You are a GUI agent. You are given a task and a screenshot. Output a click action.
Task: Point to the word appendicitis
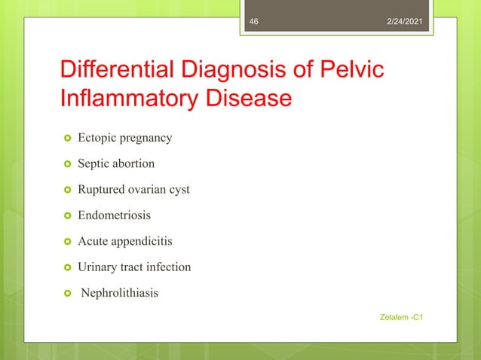click(x=140, y=241)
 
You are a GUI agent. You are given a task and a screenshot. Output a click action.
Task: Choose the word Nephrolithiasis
click(x=120, y=293)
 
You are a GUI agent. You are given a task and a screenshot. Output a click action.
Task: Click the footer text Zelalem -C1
click(x=402, y=319)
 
